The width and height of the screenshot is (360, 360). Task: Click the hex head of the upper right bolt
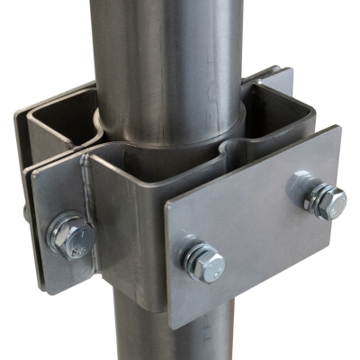pyautogui.click(x=327, y=202)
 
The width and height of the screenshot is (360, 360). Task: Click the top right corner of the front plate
pyautogui.click(x=338, y=127)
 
